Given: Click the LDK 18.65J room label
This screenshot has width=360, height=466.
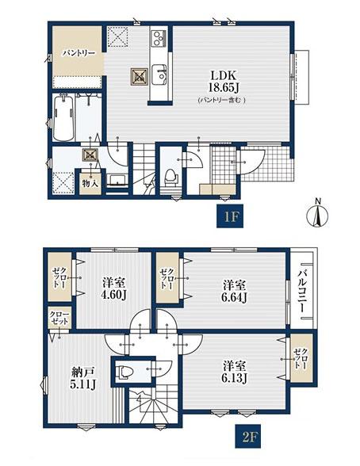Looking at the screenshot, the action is tap(224, 81).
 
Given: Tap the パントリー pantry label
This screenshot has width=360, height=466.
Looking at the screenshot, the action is tap(79, 54).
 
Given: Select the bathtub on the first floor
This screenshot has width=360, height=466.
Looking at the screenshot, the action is tap(63, 117).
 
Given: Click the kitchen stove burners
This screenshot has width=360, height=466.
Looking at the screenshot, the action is tap(158, 38).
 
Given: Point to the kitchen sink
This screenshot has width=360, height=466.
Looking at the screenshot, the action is tap(159, 74).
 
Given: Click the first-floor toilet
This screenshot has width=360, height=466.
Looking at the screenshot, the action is tap(170, 178).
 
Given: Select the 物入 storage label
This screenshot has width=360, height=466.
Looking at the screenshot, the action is tap(90, 183).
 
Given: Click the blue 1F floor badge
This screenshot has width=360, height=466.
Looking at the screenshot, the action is tap(230, 216).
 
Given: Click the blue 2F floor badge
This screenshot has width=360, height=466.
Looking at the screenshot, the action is tap(248, 436).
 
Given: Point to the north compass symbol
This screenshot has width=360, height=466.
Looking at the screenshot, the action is tap(317, 212).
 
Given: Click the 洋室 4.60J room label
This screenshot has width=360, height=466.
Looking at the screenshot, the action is tap(114, 288).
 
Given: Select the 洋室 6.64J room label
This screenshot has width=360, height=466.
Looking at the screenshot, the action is tap(235, 292).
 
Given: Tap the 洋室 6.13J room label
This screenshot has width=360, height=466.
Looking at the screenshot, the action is tap(235, 372).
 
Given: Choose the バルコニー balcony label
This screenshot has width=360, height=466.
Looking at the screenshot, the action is tap(302, 288).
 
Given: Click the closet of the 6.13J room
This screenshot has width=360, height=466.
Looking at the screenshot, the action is tap(301, 358).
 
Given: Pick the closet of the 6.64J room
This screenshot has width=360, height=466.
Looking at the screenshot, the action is tap(167, 277).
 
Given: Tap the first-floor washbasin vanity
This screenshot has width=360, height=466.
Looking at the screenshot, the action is tap(117, 181).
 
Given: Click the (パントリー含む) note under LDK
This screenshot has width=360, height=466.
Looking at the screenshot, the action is tap(222, 100).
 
